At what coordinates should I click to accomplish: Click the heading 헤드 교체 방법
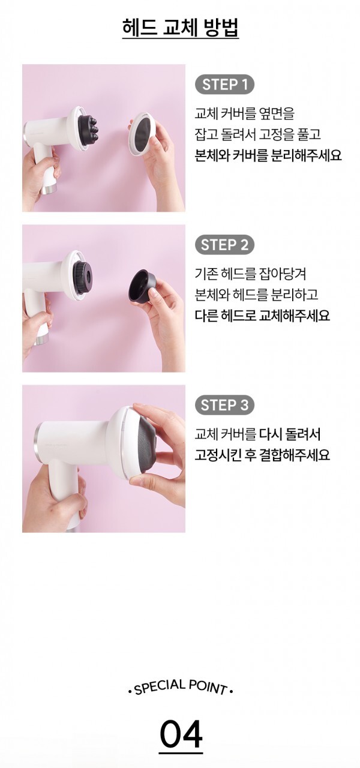click(x=181, y=28)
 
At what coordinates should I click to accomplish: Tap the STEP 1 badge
click(x=224, y=85)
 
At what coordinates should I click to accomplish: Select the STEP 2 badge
click(x=224, y=245)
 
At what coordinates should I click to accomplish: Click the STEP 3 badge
click(x=224, y=405)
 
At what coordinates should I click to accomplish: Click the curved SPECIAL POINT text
click(x=181, y=687)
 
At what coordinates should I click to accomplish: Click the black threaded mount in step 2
click(x=82, y=277)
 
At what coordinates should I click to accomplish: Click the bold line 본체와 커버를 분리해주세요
click(x=268, y=155)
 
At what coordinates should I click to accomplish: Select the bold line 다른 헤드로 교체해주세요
click(x=262, y=315)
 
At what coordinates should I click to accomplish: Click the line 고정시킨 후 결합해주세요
click(x=262, y=455)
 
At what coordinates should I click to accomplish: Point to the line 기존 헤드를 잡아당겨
click(x=250, y=274)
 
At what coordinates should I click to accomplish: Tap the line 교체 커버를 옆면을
click(x=244, y=113)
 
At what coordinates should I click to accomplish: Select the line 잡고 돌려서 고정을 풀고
click(x=257, y=134)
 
